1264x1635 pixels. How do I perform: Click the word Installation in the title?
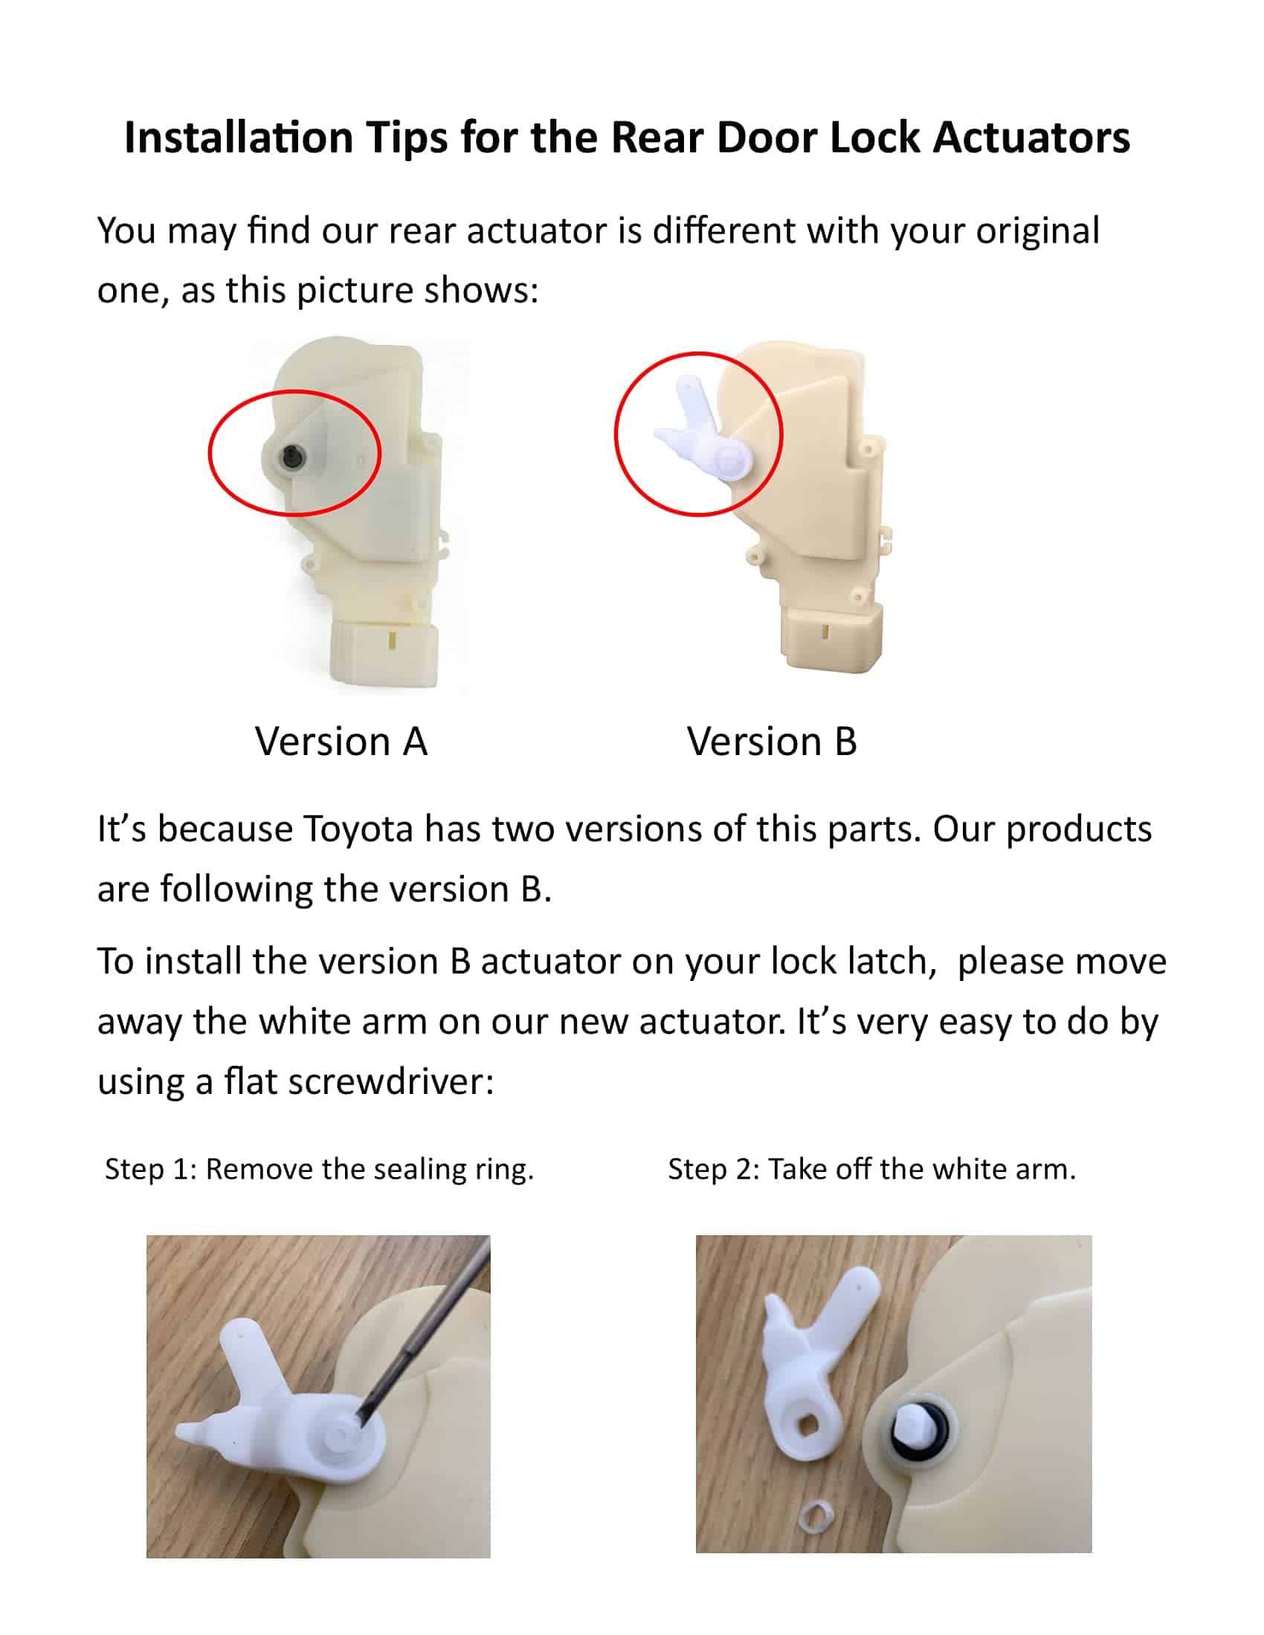[x=238, y=137]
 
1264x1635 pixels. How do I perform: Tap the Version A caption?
[x=341, y=741]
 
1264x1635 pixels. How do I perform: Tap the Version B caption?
[x=771, y=741]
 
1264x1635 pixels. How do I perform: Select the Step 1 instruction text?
[x=320, y=1168]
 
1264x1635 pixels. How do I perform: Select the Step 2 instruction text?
[x=871, y=1168]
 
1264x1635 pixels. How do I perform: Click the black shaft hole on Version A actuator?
[x=291, y=453]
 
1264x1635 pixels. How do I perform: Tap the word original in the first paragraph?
[x=1037, y=231]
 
